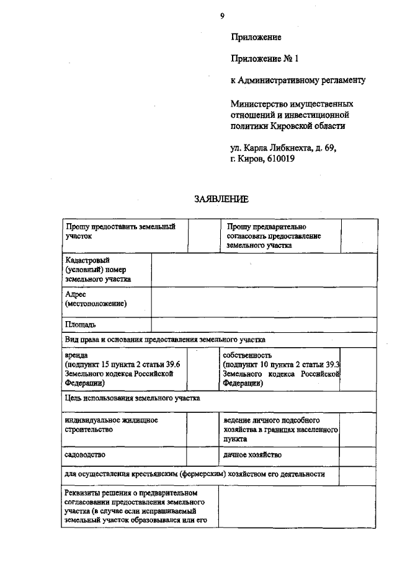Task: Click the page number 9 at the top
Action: (221, 16)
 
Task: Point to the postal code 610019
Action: (280, 159)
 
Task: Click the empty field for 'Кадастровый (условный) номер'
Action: (264, 270)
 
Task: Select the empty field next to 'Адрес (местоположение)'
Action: (264, 301)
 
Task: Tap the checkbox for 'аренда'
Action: (200, 369)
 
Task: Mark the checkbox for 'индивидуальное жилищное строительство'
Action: (200, 429)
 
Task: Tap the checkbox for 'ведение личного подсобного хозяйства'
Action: (358, 429)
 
